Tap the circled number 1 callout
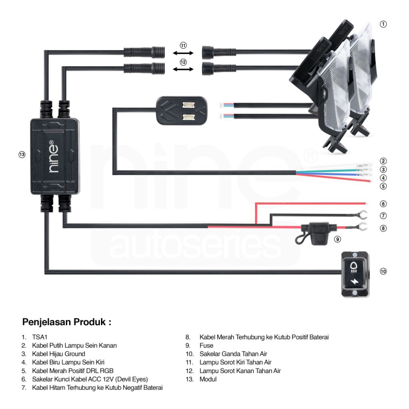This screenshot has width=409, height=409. click(x=383, y=24)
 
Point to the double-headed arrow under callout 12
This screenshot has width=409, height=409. click(x=183, y=69)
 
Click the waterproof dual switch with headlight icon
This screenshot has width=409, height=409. click(x=355, y=274)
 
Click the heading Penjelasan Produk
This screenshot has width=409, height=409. click(x=67, y=322)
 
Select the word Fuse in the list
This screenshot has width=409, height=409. click(x=206, y=345)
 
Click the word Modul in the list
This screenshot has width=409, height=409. click(x=208, y=379)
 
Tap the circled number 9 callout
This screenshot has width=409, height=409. click(x=338, y=240)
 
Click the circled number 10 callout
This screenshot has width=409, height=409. click(x=383, y=272)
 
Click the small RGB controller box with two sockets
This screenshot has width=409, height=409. click(x=182, y=111)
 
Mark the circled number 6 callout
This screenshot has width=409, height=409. click(x=383, y=204)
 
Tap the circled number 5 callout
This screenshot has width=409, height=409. click(x=383, y=186)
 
